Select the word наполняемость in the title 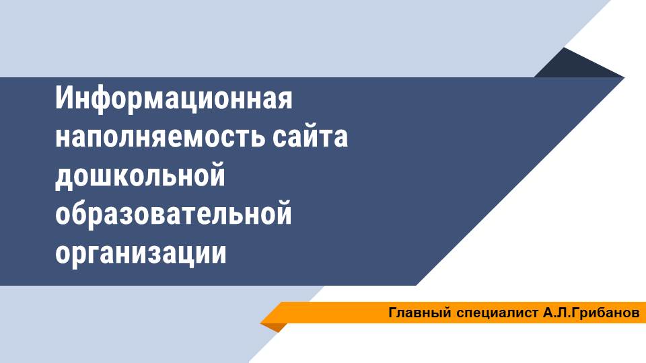pyautogui.click(x=160, y=137)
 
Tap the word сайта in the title pyautogui.click(x=310, y=136)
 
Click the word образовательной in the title pyautogui.click(x=174, y=213)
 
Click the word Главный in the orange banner pyautogui.click(x=420, y=313)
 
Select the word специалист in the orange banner pyautogui.click(x=497, y=313)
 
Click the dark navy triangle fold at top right pyautogui.click(x=577, y=66)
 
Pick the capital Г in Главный pyautogui.click(x=393, y=313)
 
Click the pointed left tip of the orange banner pyautogui.click(x=260, y=323)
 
